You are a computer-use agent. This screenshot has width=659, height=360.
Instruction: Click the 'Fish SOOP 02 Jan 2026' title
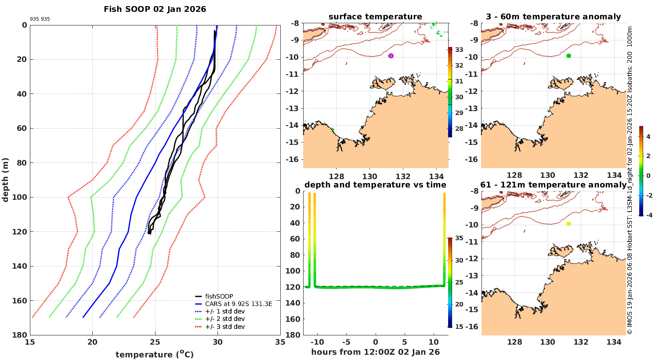(x=155, y=9)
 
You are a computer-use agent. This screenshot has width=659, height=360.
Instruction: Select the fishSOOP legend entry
(x=219, y=296)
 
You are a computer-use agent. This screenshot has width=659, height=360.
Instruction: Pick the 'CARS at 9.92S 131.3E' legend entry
(x=239, y=304)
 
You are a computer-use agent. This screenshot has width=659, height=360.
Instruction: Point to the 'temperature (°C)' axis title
(x=154, y=354)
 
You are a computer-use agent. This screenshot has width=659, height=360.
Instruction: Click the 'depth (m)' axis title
(x=6, y=180)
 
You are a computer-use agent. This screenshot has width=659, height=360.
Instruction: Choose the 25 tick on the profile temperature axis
(x=155, y=342)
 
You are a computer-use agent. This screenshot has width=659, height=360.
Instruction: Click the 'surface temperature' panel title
(x=375, y=17)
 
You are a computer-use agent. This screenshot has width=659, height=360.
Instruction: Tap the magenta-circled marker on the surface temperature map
(x=391, y=56)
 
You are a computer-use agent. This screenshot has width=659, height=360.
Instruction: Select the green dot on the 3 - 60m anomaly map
(x=568, y=56)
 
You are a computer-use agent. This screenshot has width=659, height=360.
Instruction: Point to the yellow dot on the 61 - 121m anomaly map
(x=568, y=224)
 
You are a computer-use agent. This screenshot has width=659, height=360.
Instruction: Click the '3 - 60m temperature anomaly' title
(x=553, y=17)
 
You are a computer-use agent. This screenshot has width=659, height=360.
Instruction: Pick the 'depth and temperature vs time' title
(x=375, y=185)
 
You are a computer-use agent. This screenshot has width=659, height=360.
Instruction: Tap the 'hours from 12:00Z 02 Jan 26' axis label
(x=375, y=352)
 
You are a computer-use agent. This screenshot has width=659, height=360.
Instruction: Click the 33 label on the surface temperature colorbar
(x=459, y=50)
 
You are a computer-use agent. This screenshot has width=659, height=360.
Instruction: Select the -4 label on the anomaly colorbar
(x=648, y=215)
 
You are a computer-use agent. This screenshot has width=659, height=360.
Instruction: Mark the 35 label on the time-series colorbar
(x=459, y=238)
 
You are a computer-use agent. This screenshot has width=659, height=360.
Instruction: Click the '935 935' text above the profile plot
(x=40, y=19)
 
